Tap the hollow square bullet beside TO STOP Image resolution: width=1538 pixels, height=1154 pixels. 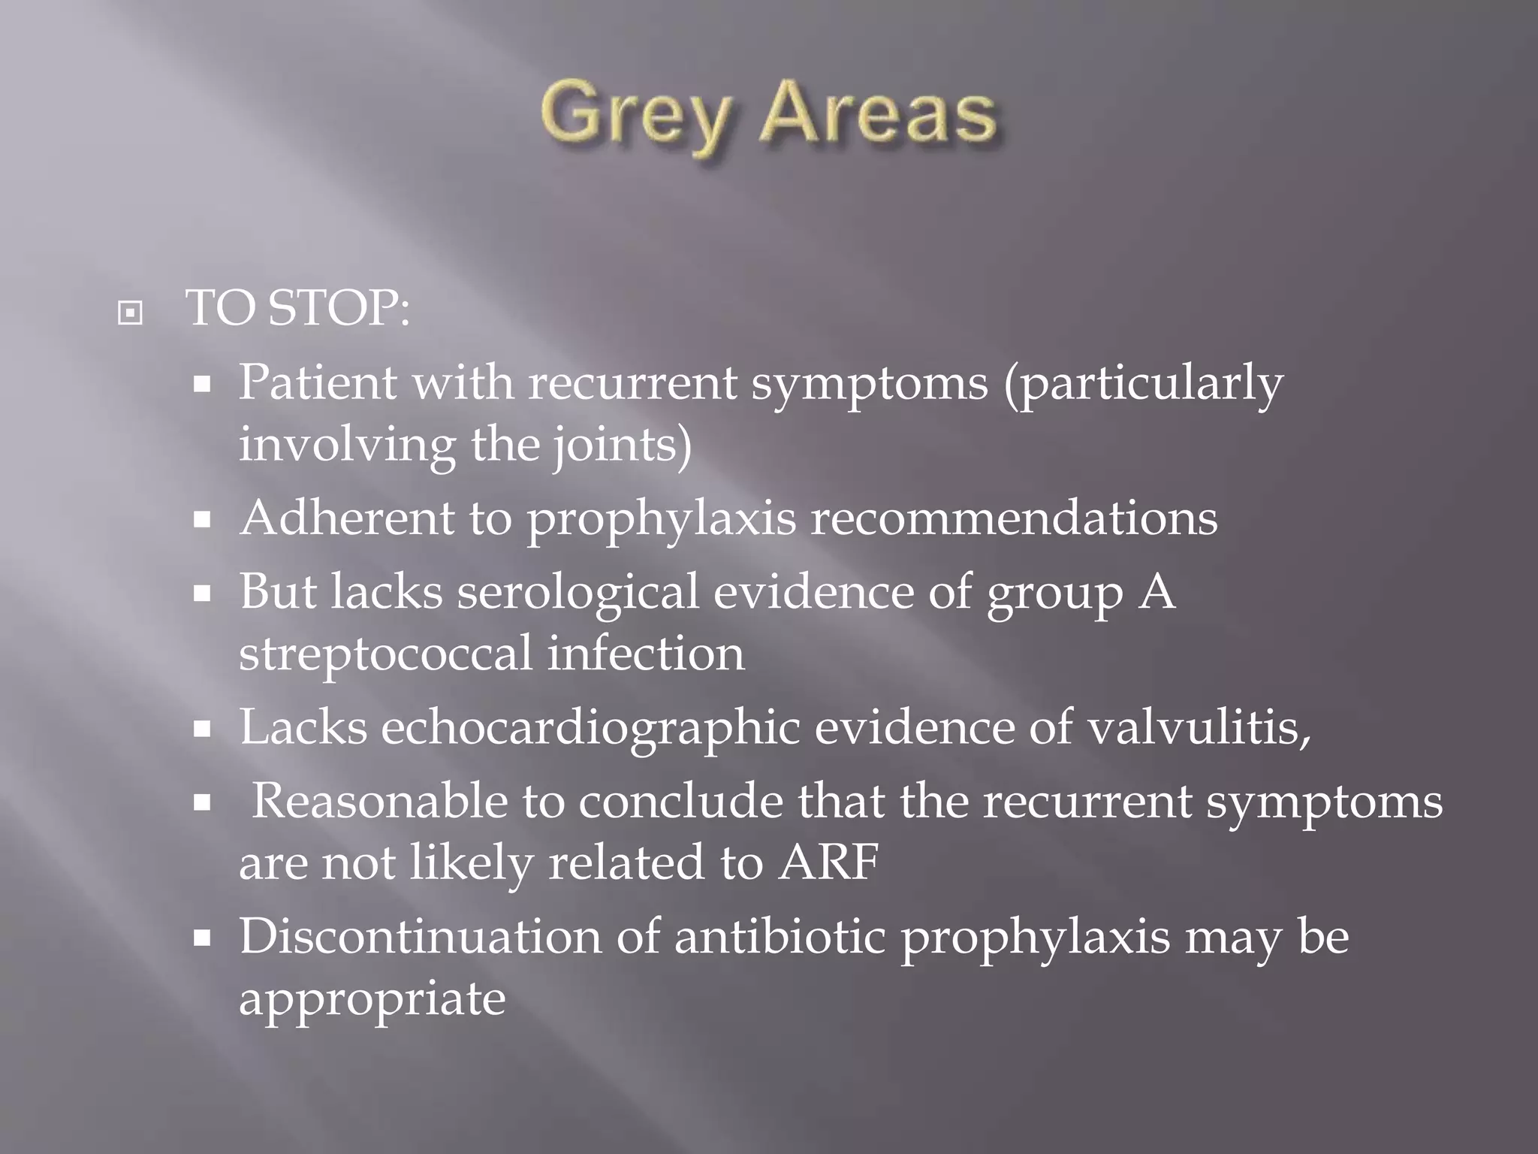click(130, 313)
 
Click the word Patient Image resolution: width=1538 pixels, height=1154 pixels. click(317, 382)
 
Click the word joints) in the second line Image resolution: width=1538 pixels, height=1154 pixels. click(623, 445)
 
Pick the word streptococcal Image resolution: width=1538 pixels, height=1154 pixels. click(385, 654)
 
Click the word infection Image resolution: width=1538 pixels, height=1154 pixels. click(645, 654)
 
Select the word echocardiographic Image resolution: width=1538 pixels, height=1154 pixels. click(590, 728)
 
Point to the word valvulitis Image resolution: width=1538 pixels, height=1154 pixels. click(1199, 727)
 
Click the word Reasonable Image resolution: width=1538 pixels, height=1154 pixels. click(379, 801)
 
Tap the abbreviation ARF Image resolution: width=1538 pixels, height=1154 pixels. click(828, 862)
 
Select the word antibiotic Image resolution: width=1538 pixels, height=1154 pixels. click(780, 937)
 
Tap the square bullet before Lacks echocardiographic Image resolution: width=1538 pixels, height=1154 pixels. click(201, 729)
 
